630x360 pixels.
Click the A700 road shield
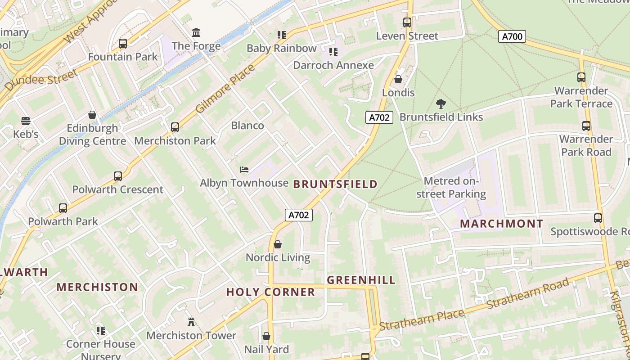click(512, 36)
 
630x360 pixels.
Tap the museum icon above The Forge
click(196, 33)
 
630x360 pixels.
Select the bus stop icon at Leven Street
click(407, 22)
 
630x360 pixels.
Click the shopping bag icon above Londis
click(398, 80)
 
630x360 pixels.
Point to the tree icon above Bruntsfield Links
click(441, 104)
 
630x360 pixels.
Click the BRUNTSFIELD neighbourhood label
click(335, 184)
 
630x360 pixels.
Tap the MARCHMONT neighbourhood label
click(501, 224)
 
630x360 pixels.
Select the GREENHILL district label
click(361, 280)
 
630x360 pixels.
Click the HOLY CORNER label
click(270, 292)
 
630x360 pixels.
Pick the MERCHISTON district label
click(97, 287)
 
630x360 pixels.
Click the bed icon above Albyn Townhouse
click(244, 170)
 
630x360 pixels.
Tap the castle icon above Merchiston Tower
click(191, 322)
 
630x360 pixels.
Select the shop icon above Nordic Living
click(278, 244)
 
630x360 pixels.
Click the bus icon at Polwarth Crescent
click(118, 176)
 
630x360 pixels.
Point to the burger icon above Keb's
click(26, 121)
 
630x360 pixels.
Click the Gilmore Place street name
click(225, 89)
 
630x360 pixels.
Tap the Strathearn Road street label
click(528, 294)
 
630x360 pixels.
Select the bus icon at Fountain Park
click(123, 44)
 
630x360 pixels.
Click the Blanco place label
click(247, 126)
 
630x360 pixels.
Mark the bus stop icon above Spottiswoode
click(598, 218)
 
